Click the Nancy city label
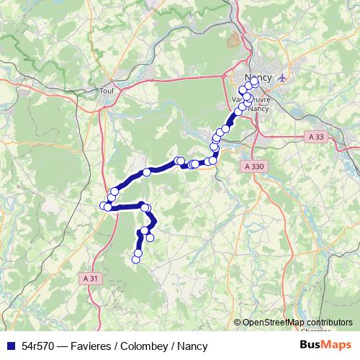coord(257,76)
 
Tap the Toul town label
coord(107,91)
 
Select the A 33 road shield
coord(315,136)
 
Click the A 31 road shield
coord(90,278)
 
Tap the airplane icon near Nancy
coord(281,76)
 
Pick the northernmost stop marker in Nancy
coord(255,83)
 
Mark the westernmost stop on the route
coord(107,207)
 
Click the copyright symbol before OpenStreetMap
coord(238,322)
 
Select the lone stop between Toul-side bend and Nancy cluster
coord(147,172)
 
